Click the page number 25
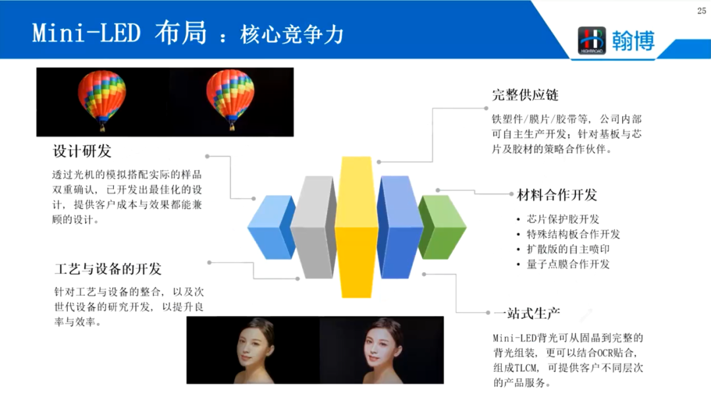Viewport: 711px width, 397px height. [700, 10]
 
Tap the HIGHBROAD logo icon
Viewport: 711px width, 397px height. [591, 40]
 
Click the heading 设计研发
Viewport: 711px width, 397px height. [82, 151]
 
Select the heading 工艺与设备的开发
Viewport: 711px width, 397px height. [108, 269]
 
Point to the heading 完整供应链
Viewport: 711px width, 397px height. [525, 95]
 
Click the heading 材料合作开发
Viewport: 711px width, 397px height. [557, 195]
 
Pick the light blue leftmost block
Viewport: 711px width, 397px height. [270, 227]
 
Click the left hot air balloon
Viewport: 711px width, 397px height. [102, 96]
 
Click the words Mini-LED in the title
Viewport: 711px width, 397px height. [86, 33]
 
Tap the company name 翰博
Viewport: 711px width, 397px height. [633, 40]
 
